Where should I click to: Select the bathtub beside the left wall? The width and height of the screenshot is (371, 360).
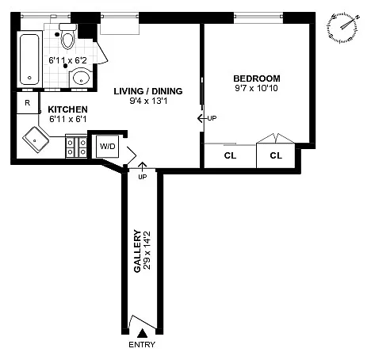tap(29, 59)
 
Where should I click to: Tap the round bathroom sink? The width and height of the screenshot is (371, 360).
tap(81, 78)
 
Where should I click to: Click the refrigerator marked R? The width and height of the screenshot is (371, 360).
tap(28, 102)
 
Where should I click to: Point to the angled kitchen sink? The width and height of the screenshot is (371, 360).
tap(36, 140)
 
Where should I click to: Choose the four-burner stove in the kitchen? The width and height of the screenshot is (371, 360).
tap(76, 147)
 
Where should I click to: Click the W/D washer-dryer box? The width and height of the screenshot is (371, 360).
tap(108, 146)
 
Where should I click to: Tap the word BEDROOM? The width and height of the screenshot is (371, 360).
tap(257, 79)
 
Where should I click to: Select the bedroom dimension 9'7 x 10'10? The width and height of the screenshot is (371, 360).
tap(256, 88)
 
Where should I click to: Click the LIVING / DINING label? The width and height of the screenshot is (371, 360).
tap(148, 91)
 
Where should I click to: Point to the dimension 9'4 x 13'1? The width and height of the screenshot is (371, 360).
tap(148, 101)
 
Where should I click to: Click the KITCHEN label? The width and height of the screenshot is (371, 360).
tap(67, 109)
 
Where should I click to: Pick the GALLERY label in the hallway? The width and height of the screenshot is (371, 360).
tap(137, 251)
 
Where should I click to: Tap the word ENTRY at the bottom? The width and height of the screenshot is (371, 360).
tap(142, 345)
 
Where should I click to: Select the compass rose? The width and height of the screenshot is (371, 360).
tap(344, 28)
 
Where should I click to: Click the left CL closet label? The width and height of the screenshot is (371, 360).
tap(230, 155)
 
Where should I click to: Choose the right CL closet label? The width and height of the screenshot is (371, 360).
tap(276, 155)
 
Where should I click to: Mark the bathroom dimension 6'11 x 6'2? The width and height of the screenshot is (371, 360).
tap(67, 60)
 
